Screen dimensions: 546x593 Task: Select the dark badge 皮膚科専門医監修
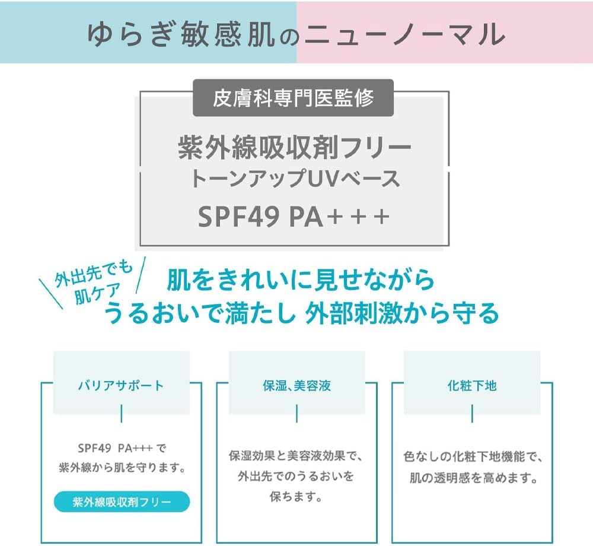(294, 98)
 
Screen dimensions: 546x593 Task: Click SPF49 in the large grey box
(238, 217)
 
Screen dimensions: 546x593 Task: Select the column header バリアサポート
(121, 386)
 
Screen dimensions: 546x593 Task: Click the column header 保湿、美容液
(296, 386)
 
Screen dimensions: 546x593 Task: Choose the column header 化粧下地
(472, 386)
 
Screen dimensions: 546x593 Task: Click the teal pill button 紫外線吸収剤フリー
(122, 502)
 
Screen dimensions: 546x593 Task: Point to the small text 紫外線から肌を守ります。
(122, 468)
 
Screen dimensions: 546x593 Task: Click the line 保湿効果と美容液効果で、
(296, 456)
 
